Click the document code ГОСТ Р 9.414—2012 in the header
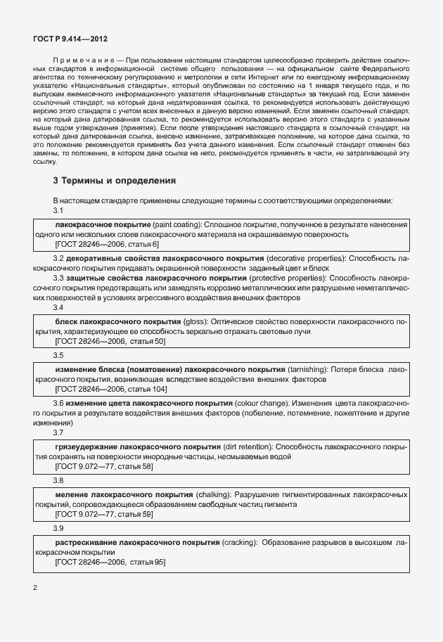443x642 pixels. [70, 41]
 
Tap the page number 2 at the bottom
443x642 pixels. [35, 586]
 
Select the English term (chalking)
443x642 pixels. [212, 495]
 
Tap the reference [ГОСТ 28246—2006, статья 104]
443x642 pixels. [111, 389]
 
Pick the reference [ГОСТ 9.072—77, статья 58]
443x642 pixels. [104, 466]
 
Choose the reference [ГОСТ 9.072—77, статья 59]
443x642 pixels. [104, 515]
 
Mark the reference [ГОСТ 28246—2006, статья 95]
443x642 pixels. [110, 563]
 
